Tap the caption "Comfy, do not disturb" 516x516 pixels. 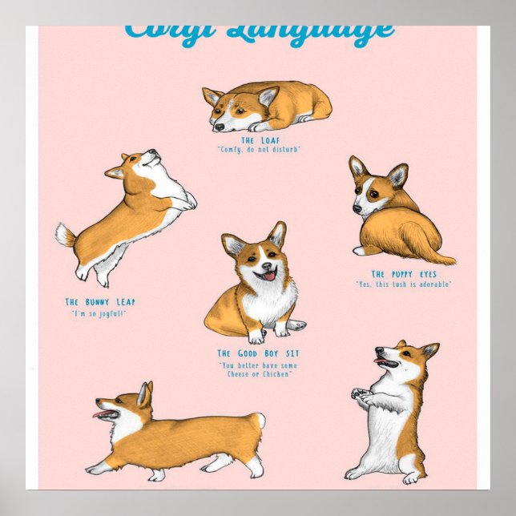click(259, 150)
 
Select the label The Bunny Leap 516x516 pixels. click(100, 302)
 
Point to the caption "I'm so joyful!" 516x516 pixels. click(99, 313)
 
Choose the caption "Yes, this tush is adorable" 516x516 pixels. click(405, 284)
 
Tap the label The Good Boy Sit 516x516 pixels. click(259, 353)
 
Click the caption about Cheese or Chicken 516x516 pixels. click(258, 370)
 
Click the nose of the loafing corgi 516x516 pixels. click(219, 127)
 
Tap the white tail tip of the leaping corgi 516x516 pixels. click(61, 234)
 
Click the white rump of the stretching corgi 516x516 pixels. click(259, 421)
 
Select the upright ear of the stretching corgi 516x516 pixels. click(144, 393)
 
